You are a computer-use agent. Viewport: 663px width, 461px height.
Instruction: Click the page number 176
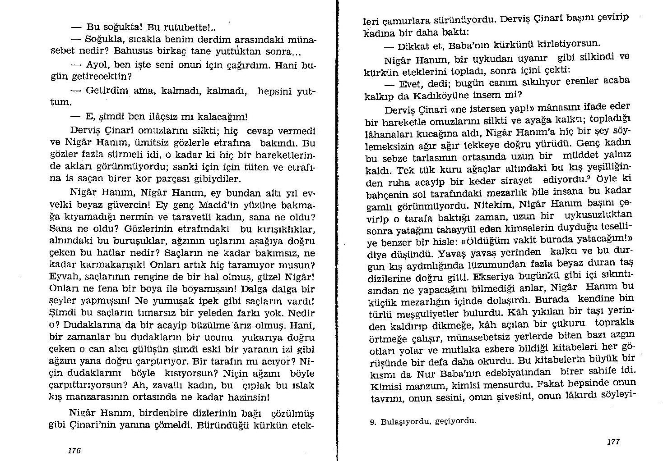pos(74,450)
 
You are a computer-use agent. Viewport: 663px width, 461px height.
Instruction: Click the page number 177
pos(613,442)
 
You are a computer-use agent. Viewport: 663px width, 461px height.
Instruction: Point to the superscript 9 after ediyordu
pos(589,177)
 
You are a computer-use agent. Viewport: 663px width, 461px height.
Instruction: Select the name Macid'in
pos(202,205)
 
